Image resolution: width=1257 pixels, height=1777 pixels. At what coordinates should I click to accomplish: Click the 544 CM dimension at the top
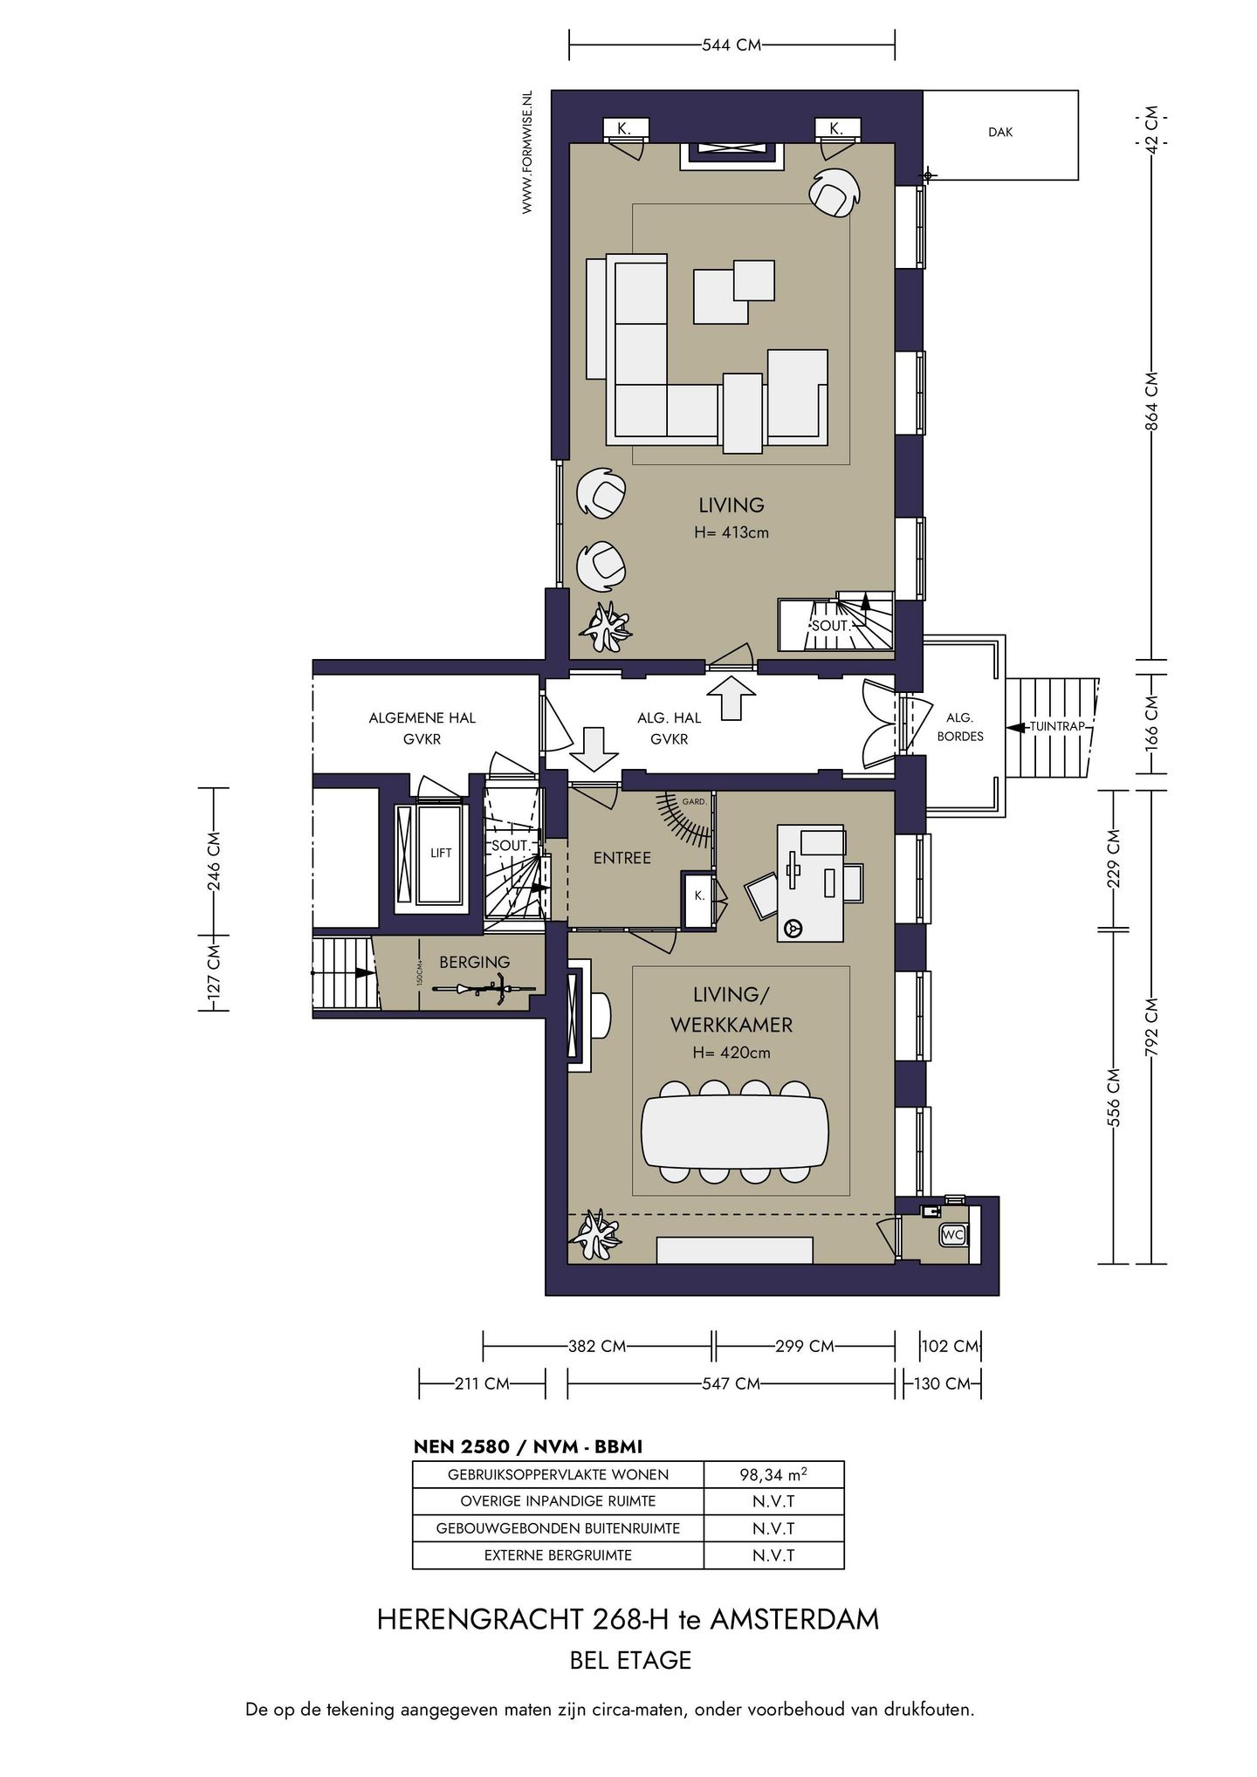tap(732, 45)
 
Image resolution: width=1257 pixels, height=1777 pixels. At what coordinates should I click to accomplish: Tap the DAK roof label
tap(1000, 133)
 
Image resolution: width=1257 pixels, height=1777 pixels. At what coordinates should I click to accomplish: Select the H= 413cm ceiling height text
tap(732, 532)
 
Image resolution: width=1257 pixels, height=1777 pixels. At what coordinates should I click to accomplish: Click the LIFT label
tap(441, 853)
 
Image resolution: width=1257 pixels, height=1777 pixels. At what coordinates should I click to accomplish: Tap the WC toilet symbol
tap(952, 1235)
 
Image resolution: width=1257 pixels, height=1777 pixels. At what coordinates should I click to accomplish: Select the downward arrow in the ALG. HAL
tap(594, 749)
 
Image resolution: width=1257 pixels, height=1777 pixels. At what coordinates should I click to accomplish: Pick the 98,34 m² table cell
tap(773, 1475)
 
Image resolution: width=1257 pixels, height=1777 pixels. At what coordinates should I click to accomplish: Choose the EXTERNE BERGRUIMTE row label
tap(558, 1555)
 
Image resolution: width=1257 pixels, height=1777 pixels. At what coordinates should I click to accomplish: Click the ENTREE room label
tap(622, 858)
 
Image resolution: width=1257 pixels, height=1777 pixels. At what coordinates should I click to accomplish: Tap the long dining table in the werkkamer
tap(735, 1131)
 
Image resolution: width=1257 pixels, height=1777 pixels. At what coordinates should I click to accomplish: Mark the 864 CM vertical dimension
tap(1151, 401)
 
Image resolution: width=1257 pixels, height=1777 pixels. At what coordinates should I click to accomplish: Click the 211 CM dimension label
tap(481, 1383)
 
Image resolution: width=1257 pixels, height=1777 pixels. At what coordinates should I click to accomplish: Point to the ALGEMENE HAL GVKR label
tap(422, 728)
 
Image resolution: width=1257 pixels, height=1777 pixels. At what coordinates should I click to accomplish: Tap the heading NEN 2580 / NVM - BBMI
tap(527, 1446)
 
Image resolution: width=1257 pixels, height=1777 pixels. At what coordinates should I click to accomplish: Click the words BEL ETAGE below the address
tap(630, 1660)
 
